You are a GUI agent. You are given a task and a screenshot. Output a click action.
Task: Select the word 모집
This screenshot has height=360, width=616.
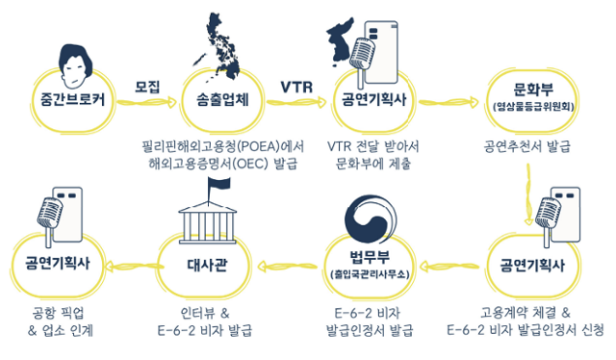coord(147,87)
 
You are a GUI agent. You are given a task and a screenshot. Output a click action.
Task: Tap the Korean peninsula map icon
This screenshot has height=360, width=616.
coord(346,43)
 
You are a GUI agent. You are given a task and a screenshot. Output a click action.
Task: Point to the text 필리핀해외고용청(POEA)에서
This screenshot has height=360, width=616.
coord(222,146)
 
